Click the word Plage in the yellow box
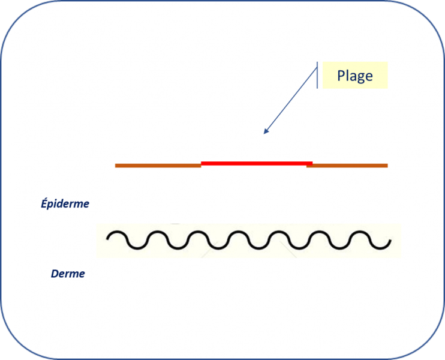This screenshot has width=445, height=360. (x=354, y=76)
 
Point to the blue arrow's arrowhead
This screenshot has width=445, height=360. (x=265, y=132)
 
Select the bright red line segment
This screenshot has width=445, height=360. (x=257, y=163)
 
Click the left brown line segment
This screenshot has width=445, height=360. (x=158, y=165)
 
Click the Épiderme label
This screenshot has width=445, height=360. (x=65, y=204)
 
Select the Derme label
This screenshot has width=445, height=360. (x=68, y=274)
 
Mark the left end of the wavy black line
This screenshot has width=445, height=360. (x=108, y=238)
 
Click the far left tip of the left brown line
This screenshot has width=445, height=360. (x=116, y=165)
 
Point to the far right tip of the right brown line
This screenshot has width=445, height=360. (x=387, y=165)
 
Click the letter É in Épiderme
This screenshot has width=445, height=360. (x=44, y=203)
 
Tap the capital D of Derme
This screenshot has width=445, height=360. (x=55, y=274)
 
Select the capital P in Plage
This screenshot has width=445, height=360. (x=341, y=76)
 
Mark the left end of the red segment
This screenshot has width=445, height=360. (x=202, y=163)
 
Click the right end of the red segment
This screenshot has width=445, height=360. (x=311, y=163)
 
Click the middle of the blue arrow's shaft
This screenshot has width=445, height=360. (x=291, y=100)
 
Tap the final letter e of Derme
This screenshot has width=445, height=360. (x=82, y=275)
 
